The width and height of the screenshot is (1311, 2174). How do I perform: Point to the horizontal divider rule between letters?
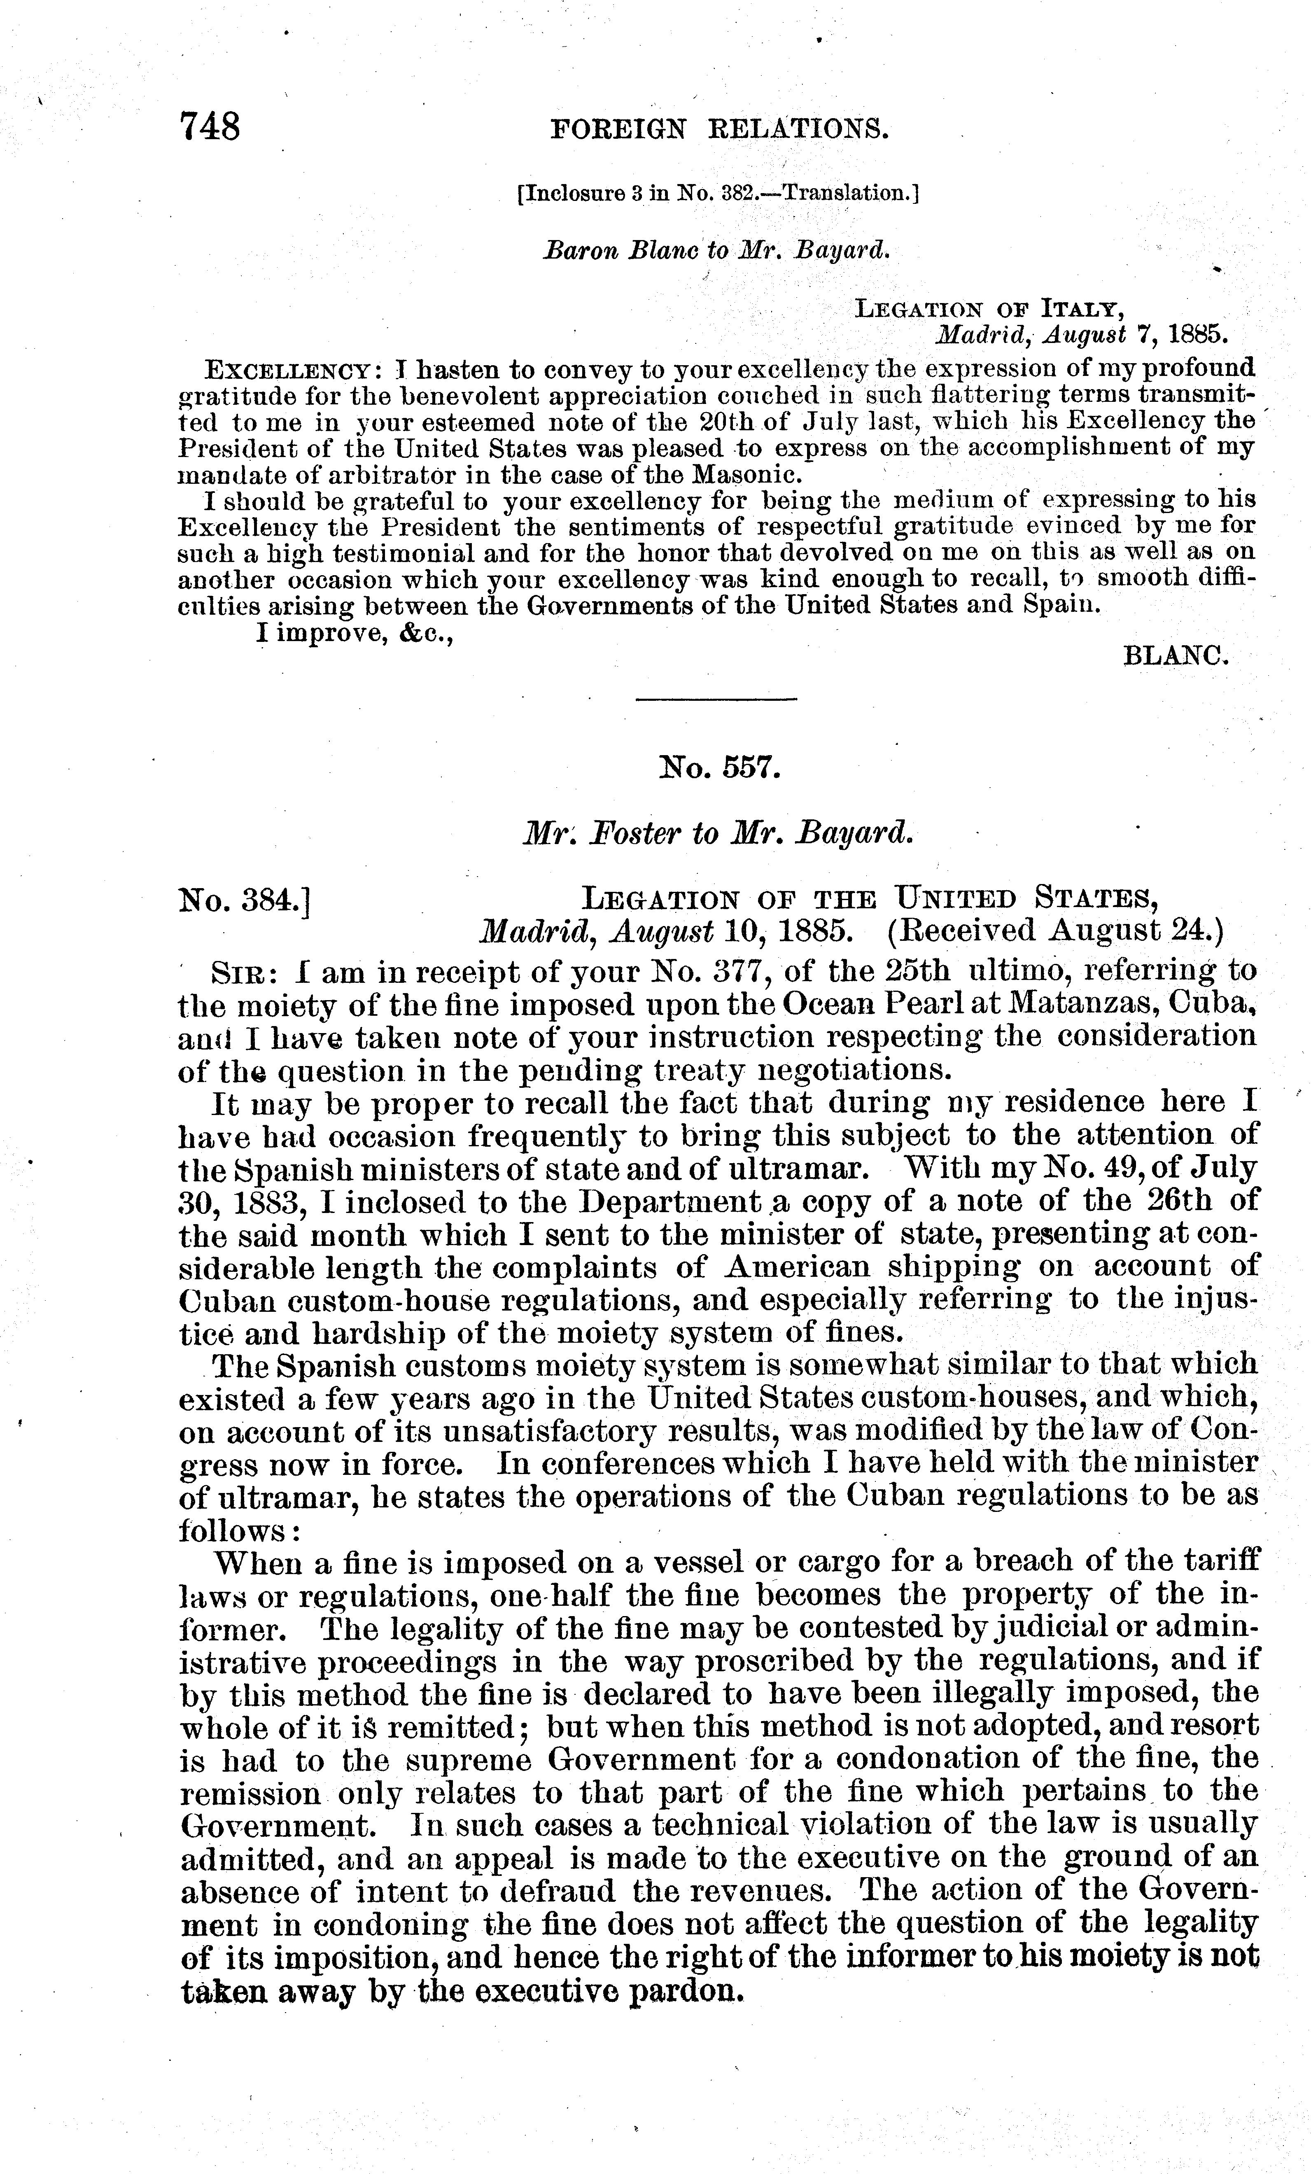coord(716,700)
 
